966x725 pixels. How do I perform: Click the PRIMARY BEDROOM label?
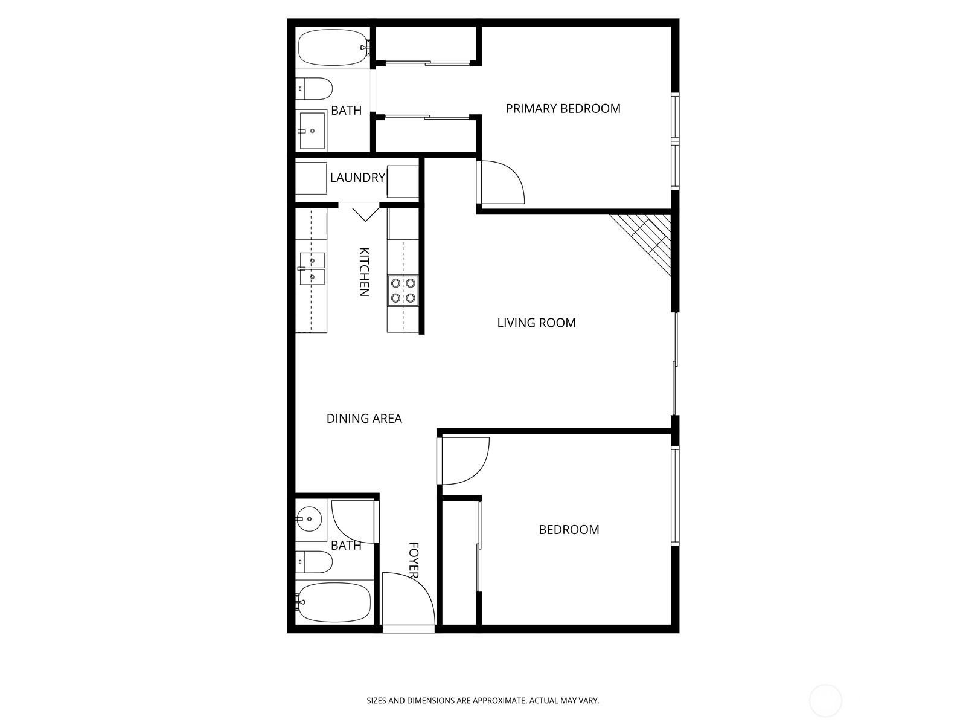coord(563,109)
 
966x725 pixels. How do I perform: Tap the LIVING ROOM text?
coord(536,323)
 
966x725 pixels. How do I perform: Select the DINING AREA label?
coord(363,419)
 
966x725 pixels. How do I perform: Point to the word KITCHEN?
coord(364,271)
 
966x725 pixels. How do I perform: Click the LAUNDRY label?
coord(357,178)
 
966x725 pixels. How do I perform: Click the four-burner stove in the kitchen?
coord(403,289)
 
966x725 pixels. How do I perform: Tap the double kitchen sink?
coord(312,269)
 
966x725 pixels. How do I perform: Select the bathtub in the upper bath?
coord(333,48)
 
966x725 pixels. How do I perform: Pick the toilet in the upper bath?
coord(315,89)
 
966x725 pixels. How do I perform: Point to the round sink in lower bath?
coord(309,518)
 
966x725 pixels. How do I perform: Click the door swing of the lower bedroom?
coord(464,460)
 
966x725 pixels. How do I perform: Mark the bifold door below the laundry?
coord(365,213)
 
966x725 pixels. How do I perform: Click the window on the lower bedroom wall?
coord(675,495)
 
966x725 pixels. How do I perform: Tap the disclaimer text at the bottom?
coord(483,701)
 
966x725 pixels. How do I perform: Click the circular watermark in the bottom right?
coord(825,701)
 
